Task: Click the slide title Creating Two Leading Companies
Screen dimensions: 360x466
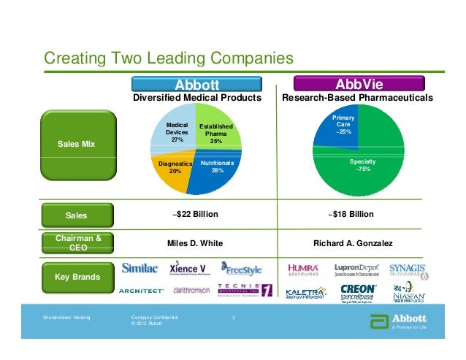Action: pos(169,58)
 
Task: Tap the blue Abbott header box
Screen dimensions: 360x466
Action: pos(196,84)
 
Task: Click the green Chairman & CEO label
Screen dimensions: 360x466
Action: pos(77,242)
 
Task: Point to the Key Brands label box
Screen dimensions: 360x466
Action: pos(77,277)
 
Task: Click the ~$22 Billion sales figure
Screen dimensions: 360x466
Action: pos(195,214)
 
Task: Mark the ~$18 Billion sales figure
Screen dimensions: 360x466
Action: pos(351,214)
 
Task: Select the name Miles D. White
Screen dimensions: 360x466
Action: pos(195,242)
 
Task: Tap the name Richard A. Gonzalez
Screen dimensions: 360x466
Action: pos(351,242)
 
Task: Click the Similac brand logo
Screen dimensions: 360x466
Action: pos(140,267)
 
